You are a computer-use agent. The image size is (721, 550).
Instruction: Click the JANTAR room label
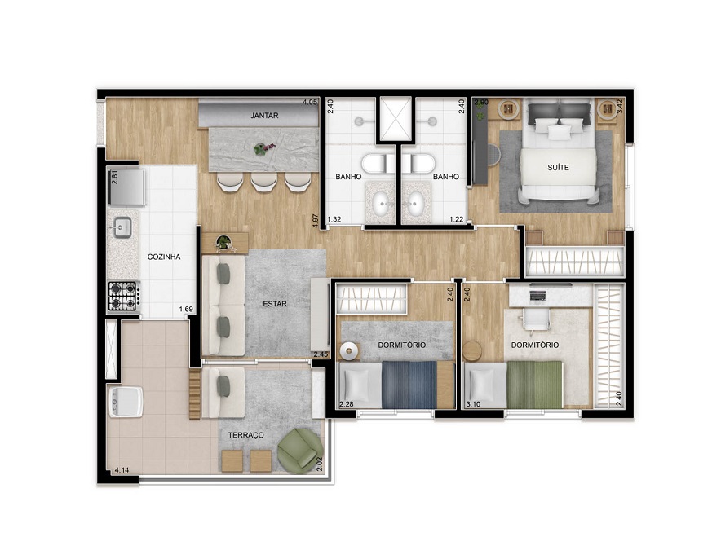(x=264, y=116)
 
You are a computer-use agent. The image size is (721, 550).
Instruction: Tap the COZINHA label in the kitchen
(x=164, y=257)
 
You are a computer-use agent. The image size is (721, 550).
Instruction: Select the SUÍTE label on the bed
(x=558, y=168)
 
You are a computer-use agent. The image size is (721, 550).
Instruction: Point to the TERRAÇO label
(x=246, y=434)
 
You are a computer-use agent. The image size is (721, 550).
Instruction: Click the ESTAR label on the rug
(x=275, y=304)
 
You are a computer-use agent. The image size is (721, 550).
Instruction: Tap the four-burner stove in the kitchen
(x=123, y=297)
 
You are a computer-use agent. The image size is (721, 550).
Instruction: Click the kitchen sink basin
(x=123, y=227)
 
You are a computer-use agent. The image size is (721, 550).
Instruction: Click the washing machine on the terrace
(x=126, y=401)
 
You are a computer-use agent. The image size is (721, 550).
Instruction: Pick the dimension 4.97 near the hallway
(x=315, y=221)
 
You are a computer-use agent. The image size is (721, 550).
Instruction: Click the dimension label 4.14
(x=122, y=470)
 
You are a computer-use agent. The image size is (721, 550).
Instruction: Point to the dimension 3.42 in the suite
(x=620, y=106)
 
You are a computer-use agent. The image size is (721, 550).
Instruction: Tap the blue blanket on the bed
(x=409, y=385)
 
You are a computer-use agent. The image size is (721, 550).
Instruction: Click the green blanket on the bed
(x=535, y=385)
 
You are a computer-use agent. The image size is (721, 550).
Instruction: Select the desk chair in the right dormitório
(x=537, y=319)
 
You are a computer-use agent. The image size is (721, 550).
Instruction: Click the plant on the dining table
(x=263, y=148)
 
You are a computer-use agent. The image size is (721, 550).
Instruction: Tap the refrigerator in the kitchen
(x=126, y=187)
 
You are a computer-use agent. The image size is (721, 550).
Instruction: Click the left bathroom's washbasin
(x=381, y=204)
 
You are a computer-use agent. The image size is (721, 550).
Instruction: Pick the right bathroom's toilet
(x=418, y=163)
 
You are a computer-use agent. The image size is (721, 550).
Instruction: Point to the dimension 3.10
(x=473, y=404)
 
